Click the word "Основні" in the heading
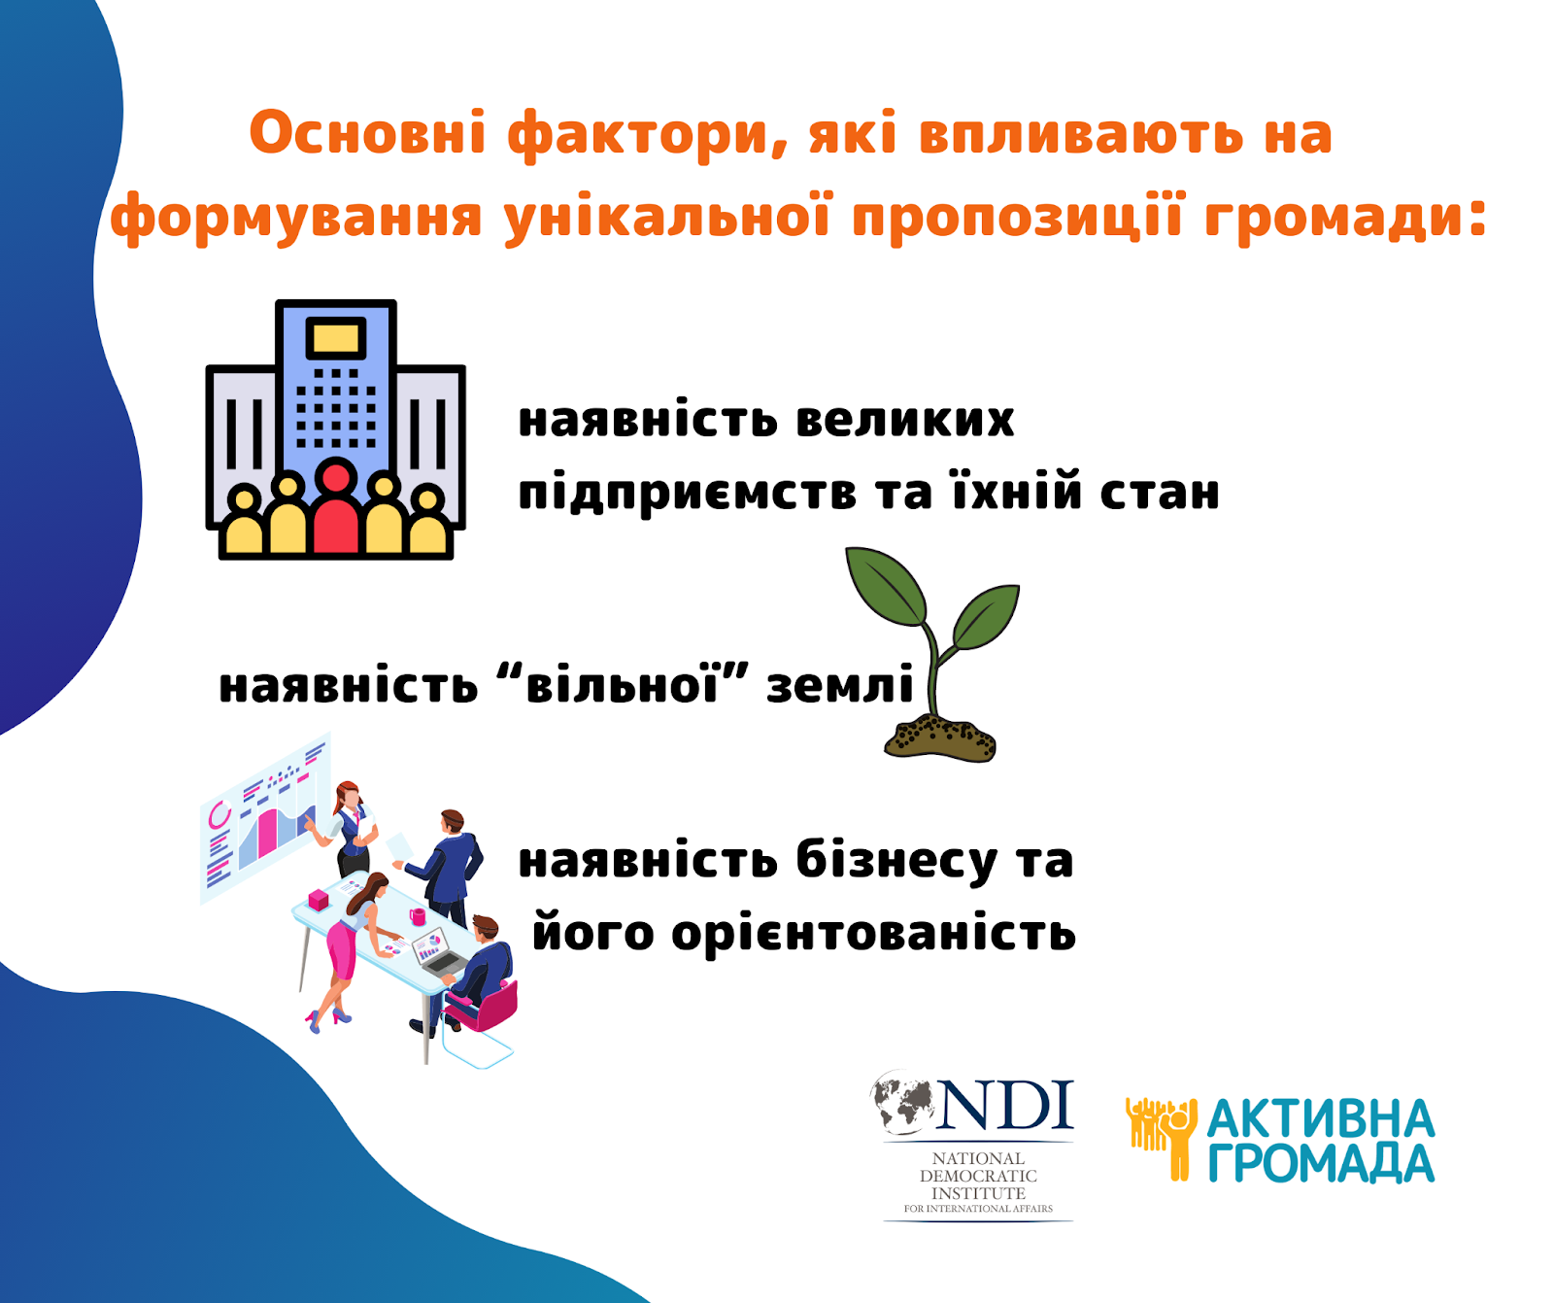tap(367, 133)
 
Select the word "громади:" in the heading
tap(1345, 217)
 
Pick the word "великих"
tap(905, 421)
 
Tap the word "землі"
tap(841, 686)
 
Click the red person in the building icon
tap(336, 507)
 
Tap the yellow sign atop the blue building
tap(336, 339)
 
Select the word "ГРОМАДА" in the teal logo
tap(1321, 1163)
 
